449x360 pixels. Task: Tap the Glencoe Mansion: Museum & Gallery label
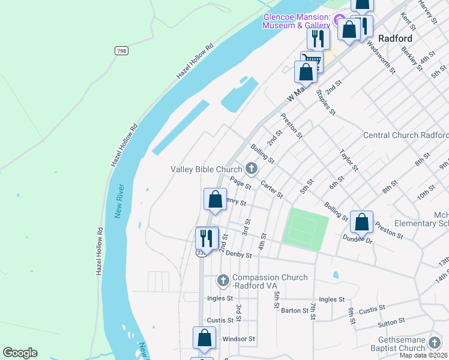[x=297, y=21]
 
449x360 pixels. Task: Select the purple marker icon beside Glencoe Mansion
[x=340, y=19]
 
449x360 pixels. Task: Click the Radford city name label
[x=395, y=37]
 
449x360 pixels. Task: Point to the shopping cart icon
[x=312, y=61]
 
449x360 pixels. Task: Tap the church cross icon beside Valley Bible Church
[x=251, y=169]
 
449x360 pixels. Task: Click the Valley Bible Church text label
[x=206, y=169]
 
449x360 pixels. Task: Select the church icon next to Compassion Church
[x=223, y=280]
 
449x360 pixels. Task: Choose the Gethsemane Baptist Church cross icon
[x=435, y=343]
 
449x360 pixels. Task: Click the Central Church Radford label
[x=406, y=136]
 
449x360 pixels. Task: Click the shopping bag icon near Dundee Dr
[x=361, y=222]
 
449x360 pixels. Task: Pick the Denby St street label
[x=238, y=255]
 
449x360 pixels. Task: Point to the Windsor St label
[x=239, y=339]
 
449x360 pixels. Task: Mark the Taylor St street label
[x=349, y=160]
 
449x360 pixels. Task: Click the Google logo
[x=20, y=353]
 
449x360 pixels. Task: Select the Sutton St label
[x=391, y=324]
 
